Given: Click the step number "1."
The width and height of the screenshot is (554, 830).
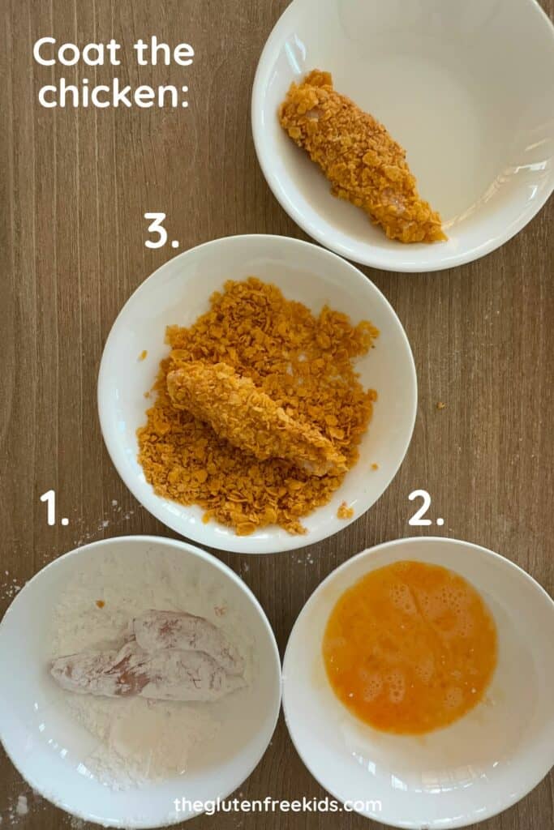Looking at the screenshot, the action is [54, 508].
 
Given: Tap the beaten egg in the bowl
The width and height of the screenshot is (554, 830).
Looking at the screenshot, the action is [410, 647].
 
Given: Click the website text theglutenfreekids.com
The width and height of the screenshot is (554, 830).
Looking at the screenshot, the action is [277, 805].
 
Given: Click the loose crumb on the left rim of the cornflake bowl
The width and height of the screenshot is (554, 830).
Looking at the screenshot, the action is [142, 355].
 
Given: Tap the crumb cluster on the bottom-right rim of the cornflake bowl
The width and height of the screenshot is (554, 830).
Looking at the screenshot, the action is [345, 511].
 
